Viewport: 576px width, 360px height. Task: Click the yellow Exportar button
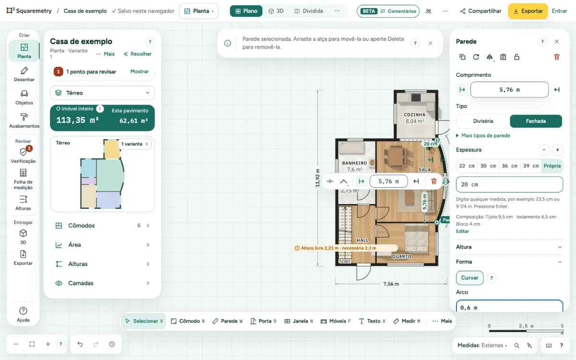click(x=528, y=11)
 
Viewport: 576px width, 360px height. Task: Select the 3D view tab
click(x=276, y=11)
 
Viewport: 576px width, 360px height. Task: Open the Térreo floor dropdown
click(x=102, y=93)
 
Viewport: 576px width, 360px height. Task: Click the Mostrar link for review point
click(x=139, y=72)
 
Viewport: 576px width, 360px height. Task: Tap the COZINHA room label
click(x=415, y=115)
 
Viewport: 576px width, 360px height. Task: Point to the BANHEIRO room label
click(x=354, y=163)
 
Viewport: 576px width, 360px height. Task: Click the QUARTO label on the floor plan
click(x=401, y=256)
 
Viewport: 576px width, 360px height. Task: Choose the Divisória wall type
click(x=483, y=121)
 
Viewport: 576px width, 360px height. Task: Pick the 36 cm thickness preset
click(x=509, y=166)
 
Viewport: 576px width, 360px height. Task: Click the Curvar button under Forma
click(x=469, y=278)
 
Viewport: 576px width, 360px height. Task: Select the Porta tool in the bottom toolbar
click(x=264, y=321)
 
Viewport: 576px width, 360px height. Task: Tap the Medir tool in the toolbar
click(x=407, y=321)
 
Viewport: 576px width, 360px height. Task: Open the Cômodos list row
click(x=102, y=226)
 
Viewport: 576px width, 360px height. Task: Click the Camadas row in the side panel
click(x=102, y=283)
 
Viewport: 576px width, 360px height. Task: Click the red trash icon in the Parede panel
click(x=556, y=57)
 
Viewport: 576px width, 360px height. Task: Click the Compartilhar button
click(x=480, y=11)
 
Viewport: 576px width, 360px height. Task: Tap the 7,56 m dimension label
click(x=391, y=284)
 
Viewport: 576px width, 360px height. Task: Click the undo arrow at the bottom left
click(x=80, y=344)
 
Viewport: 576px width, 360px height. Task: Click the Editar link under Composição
click(x=462, y=231)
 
